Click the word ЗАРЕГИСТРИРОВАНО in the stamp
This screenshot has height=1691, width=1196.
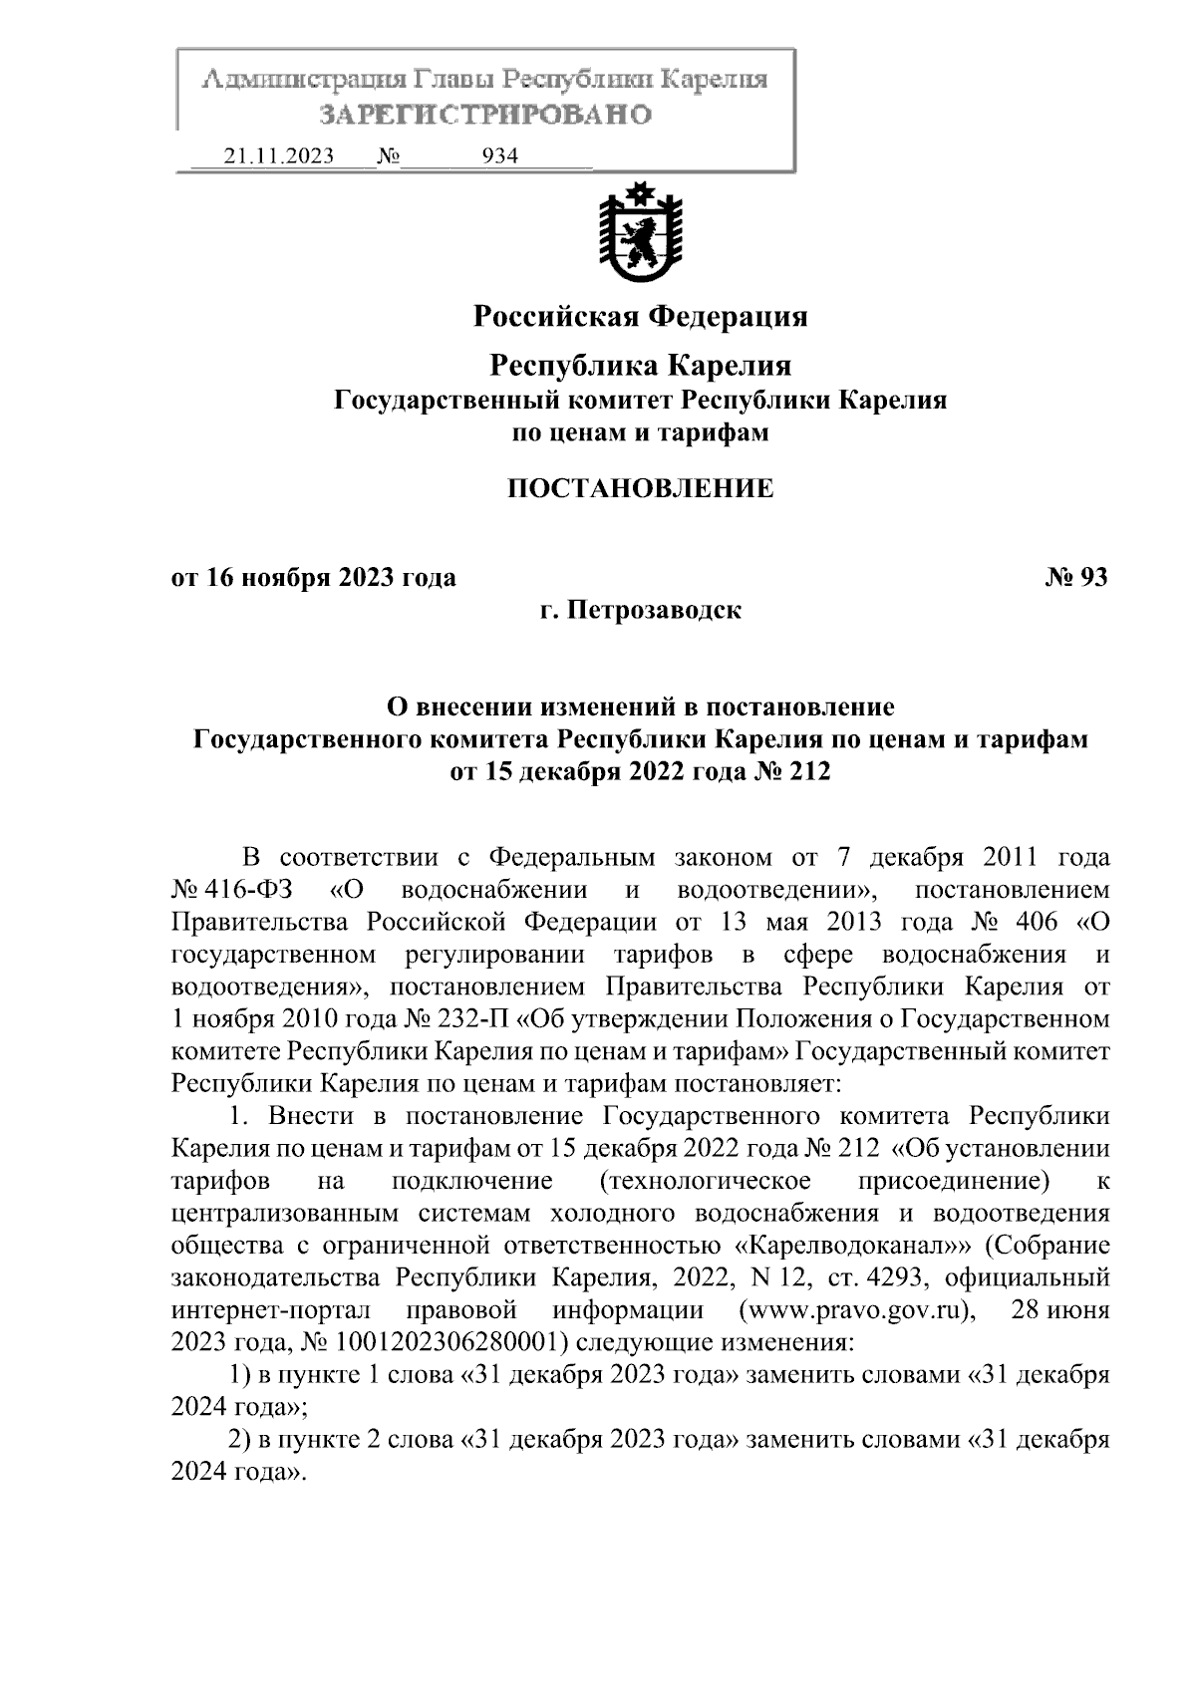click(485, 115)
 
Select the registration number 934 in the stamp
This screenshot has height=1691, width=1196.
click(499, 156)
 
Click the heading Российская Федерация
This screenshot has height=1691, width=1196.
click(639, 317)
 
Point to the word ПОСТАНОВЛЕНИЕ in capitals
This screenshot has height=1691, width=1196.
click(640, 488)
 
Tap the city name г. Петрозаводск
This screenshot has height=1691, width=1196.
click(640, 609)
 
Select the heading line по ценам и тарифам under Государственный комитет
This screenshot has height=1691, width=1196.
click(640, 433)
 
